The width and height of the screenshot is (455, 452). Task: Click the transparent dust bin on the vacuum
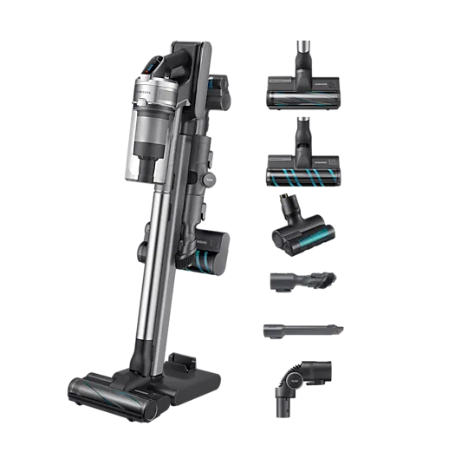[x=146, y=152]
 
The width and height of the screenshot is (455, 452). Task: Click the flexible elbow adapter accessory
[x=299, y=382]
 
